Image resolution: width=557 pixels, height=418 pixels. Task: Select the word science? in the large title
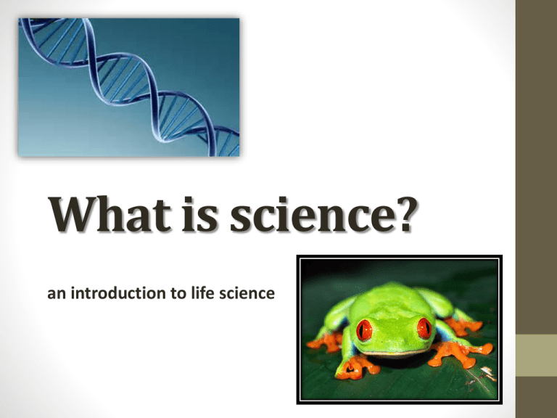(323, 214)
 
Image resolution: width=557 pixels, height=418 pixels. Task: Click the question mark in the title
(405, 214)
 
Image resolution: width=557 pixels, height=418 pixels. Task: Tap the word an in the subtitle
(57, 295)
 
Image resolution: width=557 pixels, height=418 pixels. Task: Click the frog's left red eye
(364, 330)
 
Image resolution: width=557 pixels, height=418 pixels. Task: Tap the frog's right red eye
(424, 328)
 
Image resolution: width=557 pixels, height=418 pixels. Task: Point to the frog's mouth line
(395, 353)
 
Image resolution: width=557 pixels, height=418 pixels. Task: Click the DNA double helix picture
(129, 87)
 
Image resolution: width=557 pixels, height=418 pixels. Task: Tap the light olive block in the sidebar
(537, 355)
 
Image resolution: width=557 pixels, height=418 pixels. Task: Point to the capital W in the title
(73, 214)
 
